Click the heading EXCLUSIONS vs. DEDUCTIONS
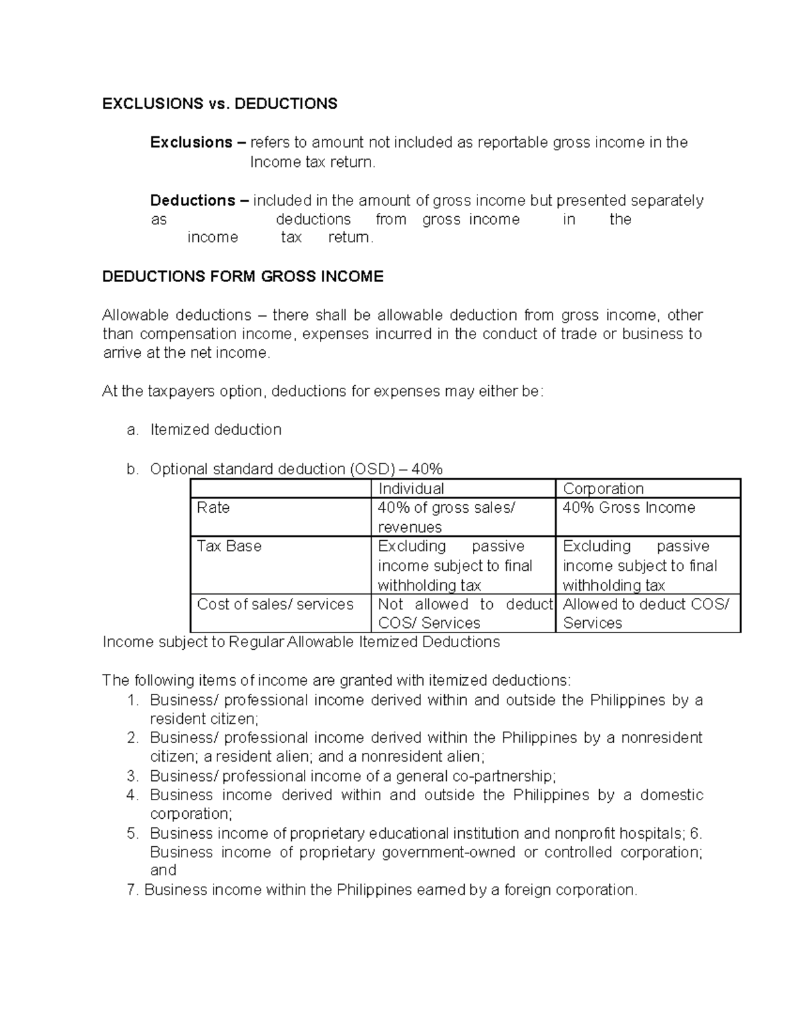pos(219,104)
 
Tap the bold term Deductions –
pos(199,200)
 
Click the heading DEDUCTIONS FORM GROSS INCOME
pos(243,277)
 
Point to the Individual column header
pos(410,489)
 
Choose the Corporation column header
pos(602,489)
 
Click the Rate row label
pos(213,508)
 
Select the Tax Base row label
pos(229,547)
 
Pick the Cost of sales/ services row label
pos(275,605)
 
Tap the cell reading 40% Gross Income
pos(628,508)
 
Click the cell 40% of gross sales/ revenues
pos(446,517)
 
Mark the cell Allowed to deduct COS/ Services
pos(645,613)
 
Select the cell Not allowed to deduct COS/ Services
pos(465,613)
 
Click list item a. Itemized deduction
pos(215,430)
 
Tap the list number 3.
pos(132,776)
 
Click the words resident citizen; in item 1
pos(203,719)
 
